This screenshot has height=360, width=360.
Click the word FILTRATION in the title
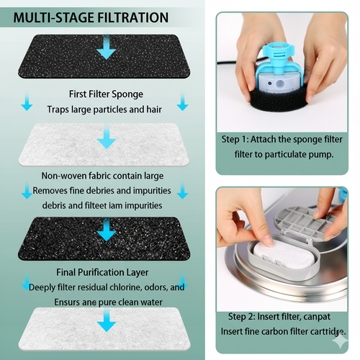click(132, 18)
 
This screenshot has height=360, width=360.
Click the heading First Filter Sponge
click(106, 94)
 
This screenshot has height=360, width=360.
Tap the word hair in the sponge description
click(154, 109)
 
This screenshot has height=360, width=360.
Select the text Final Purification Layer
click(102, 272)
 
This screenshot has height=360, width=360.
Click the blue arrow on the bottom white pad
click(107, 320)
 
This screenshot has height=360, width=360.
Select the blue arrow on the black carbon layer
click(107, 229)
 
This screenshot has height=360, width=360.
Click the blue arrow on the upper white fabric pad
click(107, 137)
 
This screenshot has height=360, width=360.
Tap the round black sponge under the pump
click(279, 101)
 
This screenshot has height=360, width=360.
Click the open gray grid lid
click(305, 222)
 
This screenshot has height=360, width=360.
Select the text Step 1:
click(235, 140)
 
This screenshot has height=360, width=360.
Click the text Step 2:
click(242, 317)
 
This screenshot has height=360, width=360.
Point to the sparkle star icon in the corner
click(340, 341)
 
